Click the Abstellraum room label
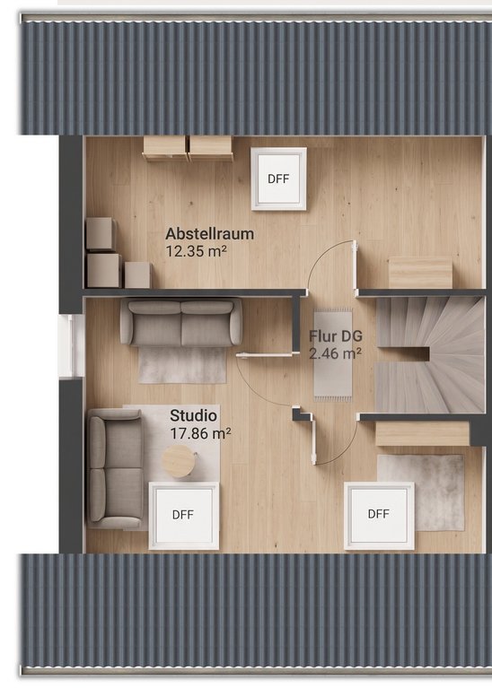[x=209, y=233]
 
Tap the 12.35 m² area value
[x=196, y=251]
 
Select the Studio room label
[x=193, y=415]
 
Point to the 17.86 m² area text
[x=200, y=433]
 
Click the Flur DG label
[x=336, y=336]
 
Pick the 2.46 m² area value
[x=335, y=353]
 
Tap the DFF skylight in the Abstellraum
[x=278, y=179]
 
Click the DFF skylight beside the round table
[x=184, y=515]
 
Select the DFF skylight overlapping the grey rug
[x=379, y=515]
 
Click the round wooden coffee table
[x=179, y=461]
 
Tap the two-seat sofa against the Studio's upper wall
[x=181, y=323]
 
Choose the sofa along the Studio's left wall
[x=115, y=468]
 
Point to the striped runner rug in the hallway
[x=332, y=354]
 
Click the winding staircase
[x=431, y=354]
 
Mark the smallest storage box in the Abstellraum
[x=137, y=275]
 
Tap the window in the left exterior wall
[x=71, y=345]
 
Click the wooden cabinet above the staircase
[x=420, y=273]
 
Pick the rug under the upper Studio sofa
[x=182, y=365]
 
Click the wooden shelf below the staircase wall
[x=422, y=434]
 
